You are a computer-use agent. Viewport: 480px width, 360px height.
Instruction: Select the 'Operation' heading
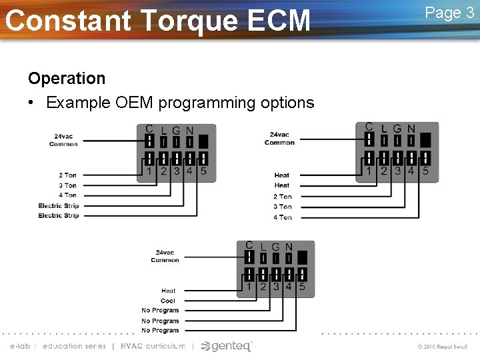[x=67, y=78]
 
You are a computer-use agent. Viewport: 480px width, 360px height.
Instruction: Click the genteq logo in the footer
[x=227, y=346]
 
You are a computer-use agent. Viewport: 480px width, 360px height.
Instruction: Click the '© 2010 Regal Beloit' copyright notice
[x=443, y=347]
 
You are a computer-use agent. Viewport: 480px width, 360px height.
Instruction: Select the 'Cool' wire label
[x=169, y=301]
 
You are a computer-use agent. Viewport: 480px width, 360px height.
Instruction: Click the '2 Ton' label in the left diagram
[x=68, y=175]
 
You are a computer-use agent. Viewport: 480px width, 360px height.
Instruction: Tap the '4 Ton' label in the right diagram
[x=283, y=217]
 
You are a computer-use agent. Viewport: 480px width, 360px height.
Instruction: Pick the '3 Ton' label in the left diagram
[x=68, y=185]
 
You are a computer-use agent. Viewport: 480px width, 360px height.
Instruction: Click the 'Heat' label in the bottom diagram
[x=169, y=291]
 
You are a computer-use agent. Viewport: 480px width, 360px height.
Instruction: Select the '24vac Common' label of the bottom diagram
[x=165, y=256]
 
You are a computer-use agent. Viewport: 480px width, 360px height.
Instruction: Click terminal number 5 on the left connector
[x=203, y=171]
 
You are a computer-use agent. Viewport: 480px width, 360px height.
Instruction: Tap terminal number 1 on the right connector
[x=369, y=171]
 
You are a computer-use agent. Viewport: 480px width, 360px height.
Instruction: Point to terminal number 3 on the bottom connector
[x=275, y=287]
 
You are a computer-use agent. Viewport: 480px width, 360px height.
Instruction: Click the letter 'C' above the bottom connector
[x=249, y=246]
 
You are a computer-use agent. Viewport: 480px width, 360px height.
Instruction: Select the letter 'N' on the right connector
[x=411, y=129]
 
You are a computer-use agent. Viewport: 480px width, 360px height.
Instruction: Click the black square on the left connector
[x=203, y=141]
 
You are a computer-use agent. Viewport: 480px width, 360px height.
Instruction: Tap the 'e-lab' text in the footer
[x=20, y=346]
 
